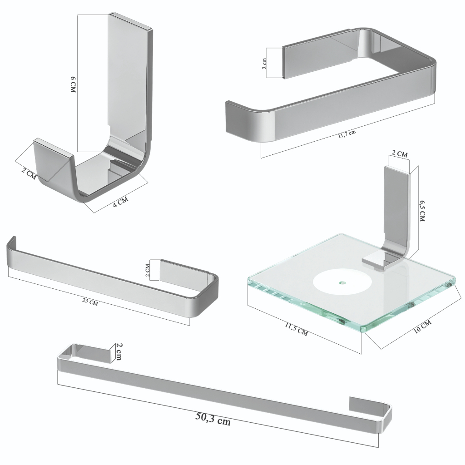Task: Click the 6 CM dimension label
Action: point(73,84)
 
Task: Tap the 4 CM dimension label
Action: point(120,202)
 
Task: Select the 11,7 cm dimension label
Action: point(346,134)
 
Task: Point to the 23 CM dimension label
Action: point(90,302)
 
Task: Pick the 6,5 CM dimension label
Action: point(422,210)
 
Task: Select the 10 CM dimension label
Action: point(422,326)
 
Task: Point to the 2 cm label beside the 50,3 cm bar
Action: point(119,351)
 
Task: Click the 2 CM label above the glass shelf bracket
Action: point(400,153)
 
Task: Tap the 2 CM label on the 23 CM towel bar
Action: point(148,270)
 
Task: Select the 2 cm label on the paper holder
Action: point(265,64)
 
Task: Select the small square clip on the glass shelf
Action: point(374,261)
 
